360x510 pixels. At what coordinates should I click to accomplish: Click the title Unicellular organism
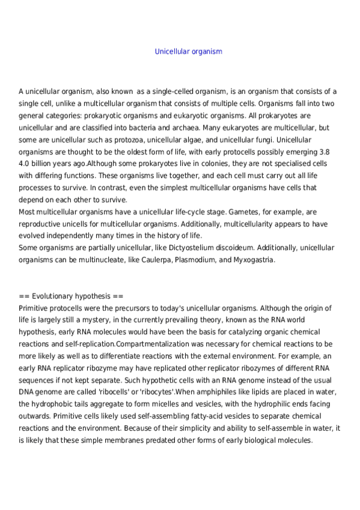188,52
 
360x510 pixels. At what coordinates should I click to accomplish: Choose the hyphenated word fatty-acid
188,416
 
